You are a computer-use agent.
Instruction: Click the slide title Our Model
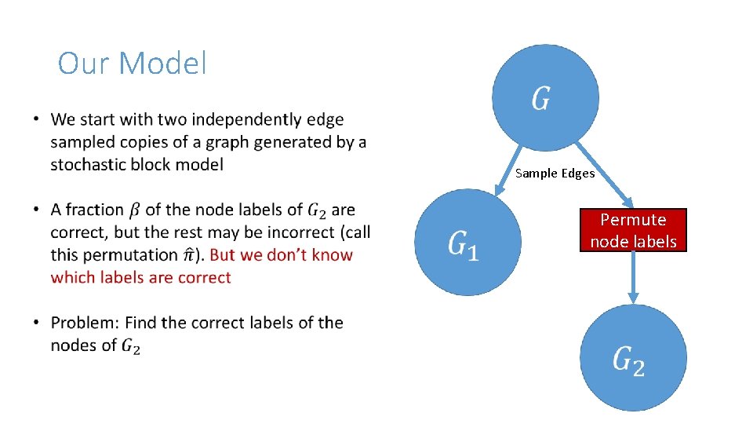[132, 64]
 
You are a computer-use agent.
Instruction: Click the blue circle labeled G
[545, 97]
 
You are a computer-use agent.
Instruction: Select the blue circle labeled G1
[467, 242]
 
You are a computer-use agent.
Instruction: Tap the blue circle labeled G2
[632, 358]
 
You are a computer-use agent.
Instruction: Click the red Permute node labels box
[633, 230]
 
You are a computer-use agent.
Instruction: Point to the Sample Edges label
[555, 173]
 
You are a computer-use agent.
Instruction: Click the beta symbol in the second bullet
[135, 210]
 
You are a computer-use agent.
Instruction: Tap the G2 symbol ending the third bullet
[131, 346]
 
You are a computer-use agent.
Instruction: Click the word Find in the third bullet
[141, 323]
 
